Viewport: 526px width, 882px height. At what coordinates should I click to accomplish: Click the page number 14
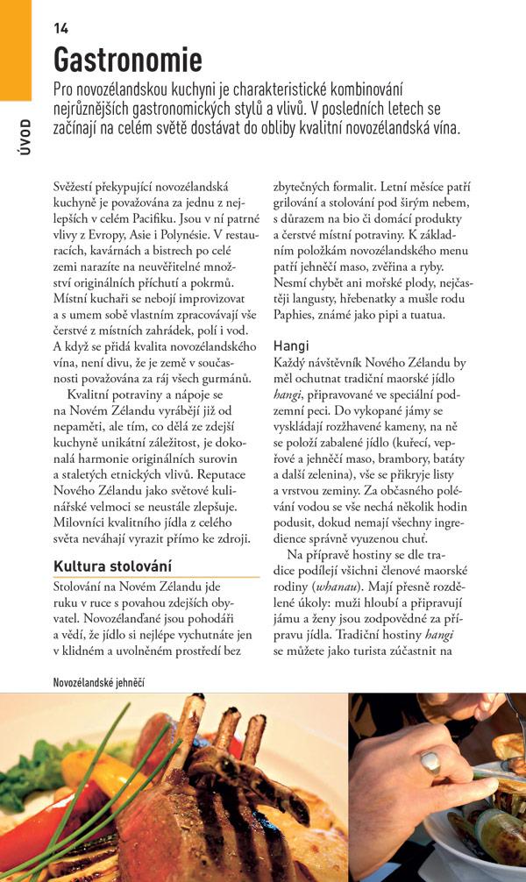pos(60,28)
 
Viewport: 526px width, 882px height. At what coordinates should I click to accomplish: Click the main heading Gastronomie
pos(128,60)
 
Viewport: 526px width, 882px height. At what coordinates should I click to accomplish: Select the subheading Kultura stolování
pos(112,565)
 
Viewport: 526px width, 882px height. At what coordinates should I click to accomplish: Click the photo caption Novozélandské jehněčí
pos(98,681)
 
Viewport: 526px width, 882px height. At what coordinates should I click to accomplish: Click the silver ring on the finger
pos(430,763)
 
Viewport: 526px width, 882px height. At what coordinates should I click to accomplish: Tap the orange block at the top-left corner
pos(15,48)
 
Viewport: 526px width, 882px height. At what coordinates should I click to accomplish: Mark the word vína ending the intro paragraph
pos(444,128)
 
